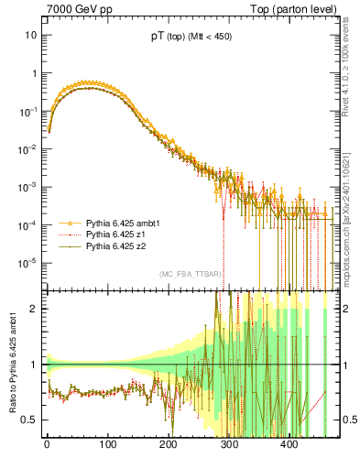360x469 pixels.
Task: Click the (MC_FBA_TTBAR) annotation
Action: (188, 275)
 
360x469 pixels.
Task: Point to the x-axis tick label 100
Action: (107, 446)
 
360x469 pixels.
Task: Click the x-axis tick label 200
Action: (168, 446)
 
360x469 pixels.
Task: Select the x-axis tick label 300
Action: (228, 446)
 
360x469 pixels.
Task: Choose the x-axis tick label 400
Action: (289, 446)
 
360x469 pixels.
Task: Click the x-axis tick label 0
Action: (47, 446)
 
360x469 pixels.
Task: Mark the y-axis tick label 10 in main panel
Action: (31, 35)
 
